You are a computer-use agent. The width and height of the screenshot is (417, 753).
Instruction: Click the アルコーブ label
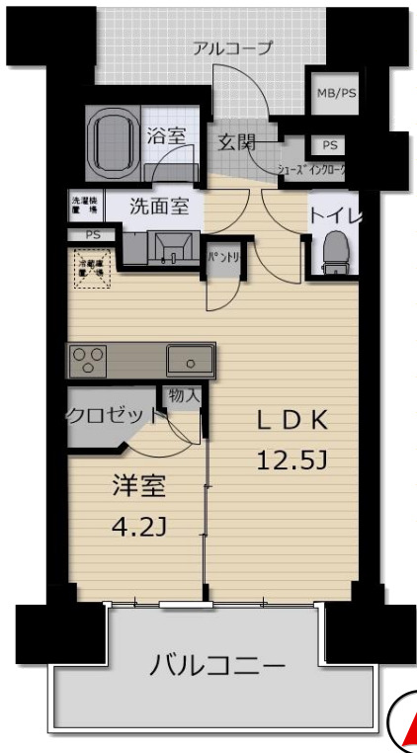(232, 48)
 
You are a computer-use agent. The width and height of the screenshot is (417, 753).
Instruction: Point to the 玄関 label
(235, 142)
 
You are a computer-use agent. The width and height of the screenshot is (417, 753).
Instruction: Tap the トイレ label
(333, 213)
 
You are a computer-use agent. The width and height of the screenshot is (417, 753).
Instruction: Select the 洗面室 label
(160, 208)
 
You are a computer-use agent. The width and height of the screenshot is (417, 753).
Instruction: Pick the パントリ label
(221, 257)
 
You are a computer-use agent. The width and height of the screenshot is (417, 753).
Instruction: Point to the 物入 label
(185, 395)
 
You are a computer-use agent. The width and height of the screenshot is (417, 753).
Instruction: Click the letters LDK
(292, 420)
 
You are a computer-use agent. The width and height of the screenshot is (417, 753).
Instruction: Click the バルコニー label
(217, 665)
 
